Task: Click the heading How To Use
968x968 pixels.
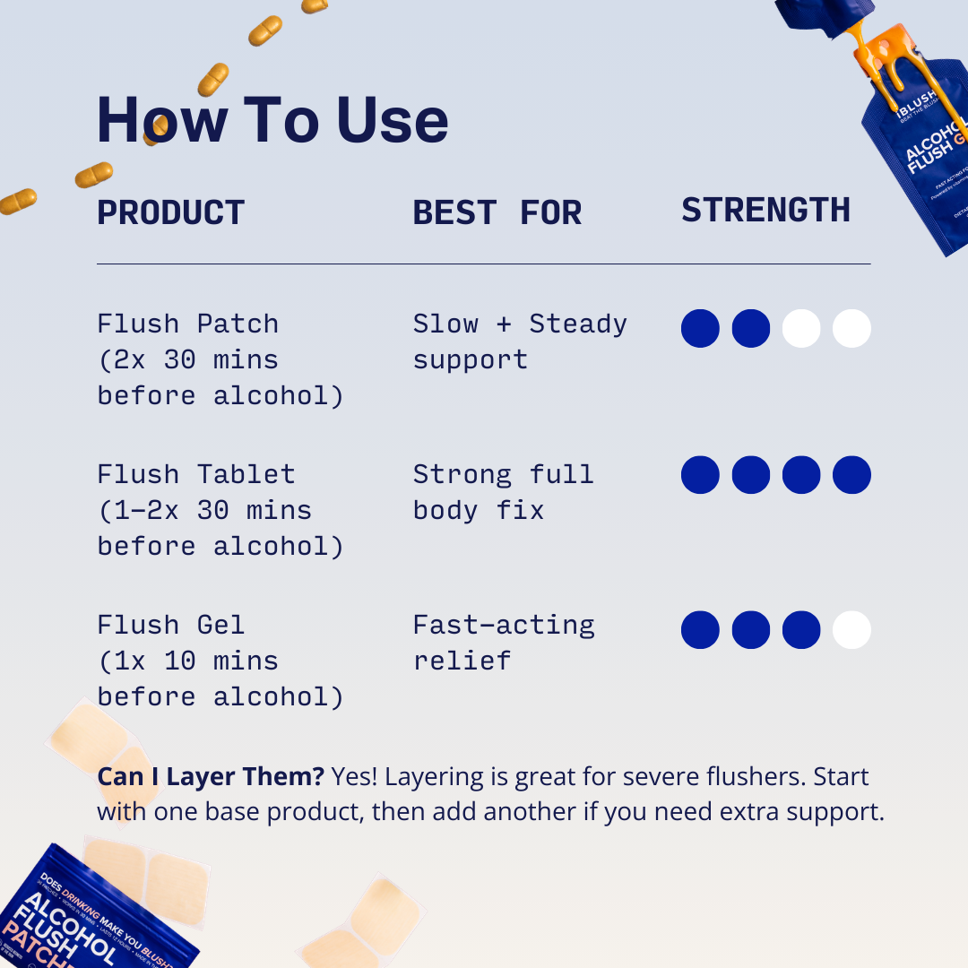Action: click(x=272, y=120)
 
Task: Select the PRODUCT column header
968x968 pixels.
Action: click(x=170, y=213)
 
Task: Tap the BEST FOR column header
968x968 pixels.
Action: click(x=497, y=213)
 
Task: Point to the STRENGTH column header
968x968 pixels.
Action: click(x=765, y=211)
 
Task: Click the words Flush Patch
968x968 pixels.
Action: click(x=187, y=324)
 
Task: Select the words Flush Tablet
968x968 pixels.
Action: click(x=195, y=474)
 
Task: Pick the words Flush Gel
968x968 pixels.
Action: click(x=171, y=625)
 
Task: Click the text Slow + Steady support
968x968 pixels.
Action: click(x=519, y=341)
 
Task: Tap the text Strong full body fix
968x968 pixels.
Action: click(x=503, y=492)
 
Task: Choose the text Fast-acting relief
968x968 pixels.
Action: click(x=503, y=643)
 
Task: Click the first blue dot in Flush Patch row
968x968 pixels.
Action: click(x=700, y=329)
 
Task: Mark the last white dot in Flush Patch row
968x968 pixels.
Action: click(x=851, y=329)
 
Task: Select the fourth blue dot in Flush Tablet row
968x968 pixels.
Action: click(x=851, y=475)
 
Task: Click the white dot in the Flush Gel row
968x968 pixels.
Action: click(x=851, y=630)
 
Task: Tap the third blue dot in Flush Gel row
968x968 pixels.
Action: click(x=801, y=630)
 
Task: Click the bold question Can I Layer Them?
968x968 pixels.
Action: click(x=211, y=776)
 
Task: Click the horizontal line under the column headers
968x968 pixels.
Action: click(x=483, y=264)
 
